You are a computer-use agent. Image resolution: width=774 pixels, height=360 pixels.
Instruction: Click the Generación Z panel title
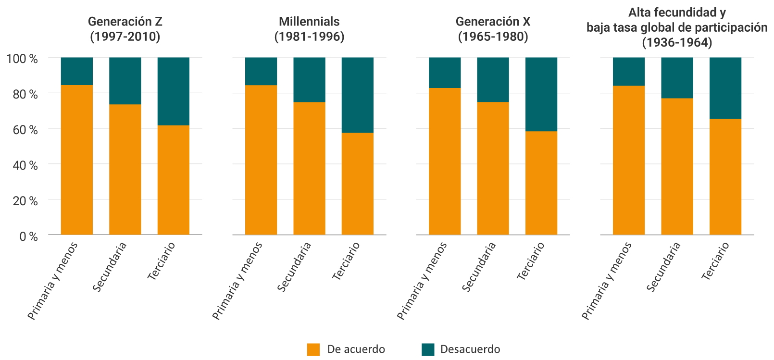click(x=125, y=29)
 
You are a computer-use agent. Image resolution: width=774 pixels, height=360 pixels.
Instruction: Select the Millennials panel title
click(x=309, y=29)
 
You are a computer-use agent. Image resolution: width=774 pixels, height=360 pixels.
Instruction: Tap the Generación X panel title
click(x=493, y=29)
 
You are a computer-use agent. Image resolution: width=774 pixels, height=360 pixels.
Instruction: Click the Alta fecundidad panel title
click(x=677, y=27)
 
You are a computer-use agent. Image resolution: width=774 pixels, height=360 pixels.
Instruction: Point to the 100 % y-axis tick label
click(x=22, y=59)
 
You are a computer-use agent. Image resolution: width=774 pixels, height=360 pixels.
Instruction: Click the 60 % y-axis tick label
click(x=25, y=130)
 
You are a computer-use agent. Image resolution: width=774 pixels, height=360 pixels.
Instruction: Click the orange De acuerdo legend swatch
click(x=313, y=349)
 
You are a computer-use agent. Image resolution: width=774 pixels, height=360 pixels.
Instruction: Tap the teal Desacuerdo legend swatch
click(x=427, y=349)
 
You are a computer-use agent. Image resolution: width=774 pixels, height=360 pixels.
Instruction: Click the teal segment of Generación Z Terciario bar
click(x=174, y=91)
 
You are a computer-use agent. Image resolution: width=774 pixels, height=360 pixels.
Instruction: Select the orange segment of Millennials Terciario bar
click(x=358, y=184)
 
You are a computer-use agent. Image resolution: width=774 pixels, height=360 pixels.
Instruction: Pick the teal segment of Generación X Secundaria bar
click(x=493, y=80)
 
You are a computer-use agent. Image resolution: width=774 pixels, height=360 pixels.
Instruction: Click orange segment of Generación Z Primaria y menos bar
click(x=77, y=160)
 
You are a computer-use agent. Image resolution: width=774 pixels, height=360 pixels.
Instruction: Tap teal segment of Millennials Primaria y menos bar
click(x=261, y=71)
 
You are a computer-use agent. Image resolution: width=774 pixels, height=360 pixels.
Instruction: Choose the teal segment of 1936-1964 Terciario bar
click(x=725, y=88)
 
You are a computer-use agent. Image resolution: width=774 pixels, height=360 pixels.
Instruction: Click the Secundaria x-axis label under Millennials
click(x=295, y=267)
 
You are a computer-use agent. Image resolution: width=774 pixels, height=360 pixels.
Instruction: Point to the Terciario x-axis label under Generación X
click(x=531, y=261)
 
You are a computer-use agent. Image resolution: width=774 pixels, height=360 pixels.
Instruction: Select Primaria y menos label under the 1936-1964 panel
click(x=607, y=281)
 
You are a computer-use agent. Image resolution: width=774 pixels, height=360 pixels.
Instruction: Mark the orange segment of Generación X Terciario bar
click(x=541, y=183)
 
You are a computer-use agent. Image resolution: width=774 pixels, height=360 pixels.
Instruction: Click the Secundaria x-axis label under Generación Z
click(x=110, y=267)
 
